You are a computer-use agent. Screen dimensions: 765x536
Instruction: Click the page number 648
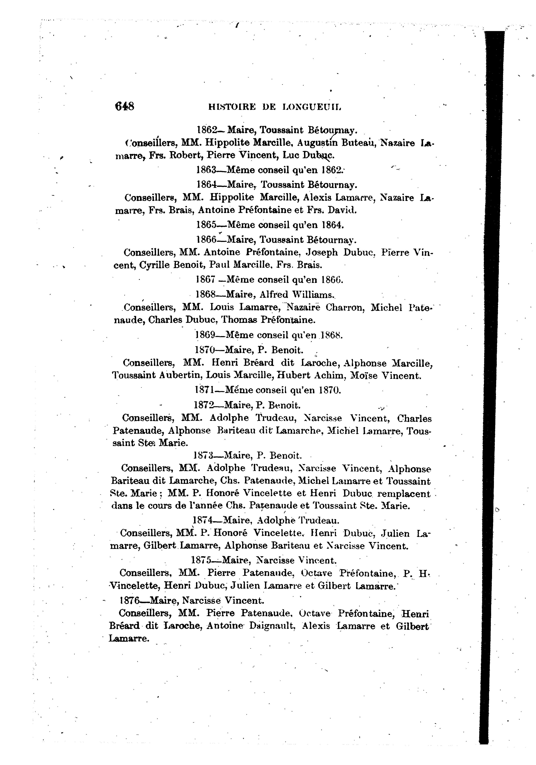click(x=124, y=106)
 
